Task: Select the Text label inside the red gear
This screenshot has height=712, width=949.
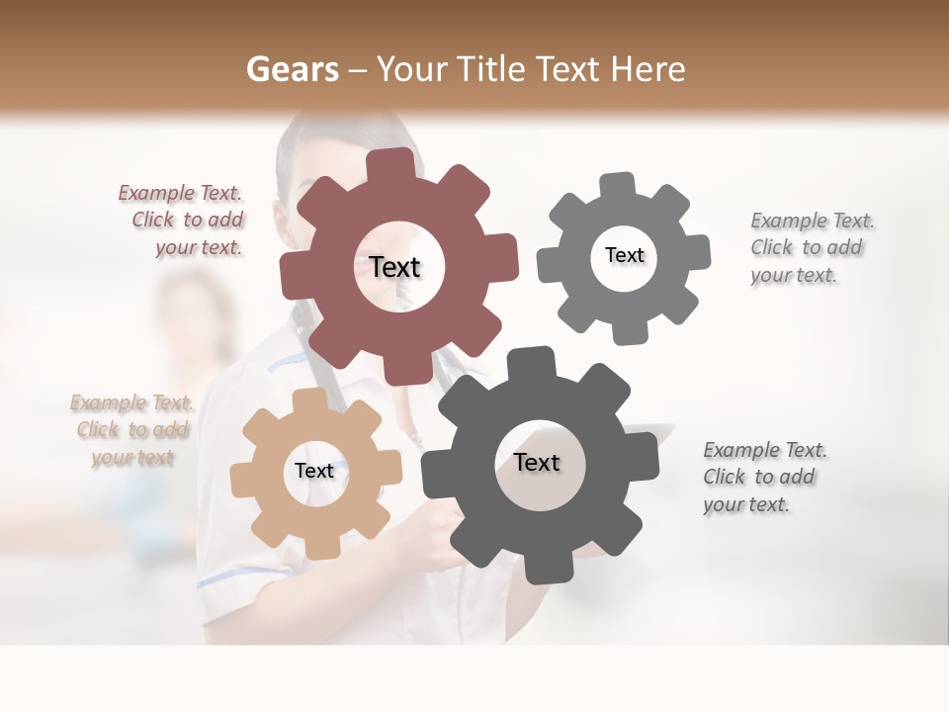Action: (394, 267)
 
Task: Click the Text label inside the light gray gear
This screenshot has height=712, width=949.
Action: (624, 255)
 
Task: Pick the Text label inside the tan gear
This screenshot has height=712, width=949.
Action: (314, 472)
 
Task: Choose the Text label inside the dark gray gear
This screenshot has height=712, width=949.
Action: (537, 462)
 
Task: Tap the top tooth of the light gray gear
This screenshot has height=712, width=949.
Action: (618, 185)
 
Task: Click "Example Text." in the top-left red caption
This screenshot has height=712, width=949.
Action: (180, 194)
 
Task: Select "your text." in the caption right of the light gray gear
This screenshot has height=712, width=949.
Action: (794, 275)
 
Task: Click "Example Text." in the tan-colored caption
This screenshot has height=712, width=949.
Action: (131, 403)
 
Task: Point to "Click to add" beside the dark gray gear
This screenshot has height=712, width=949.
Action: (759, 477)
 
